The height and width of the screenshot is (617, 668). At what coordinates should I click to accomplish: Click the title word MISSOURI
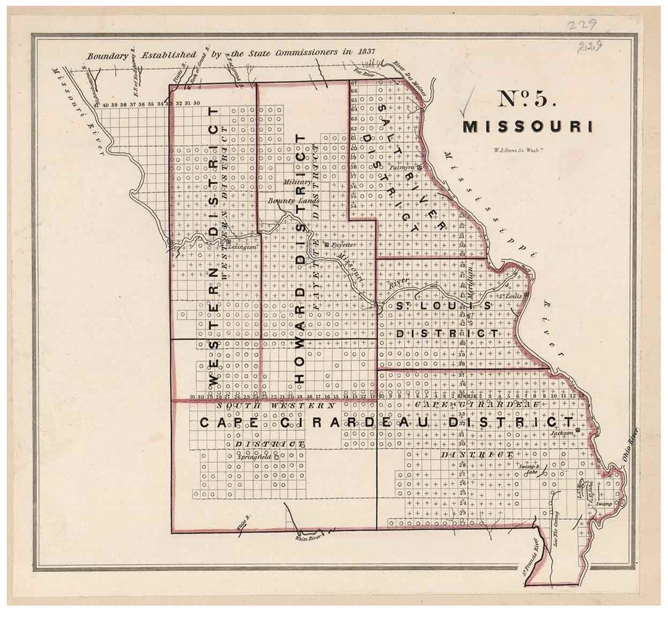coord(528,126)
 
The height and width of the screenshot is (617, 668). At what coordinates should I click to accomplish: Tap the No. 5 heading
coord(527,100)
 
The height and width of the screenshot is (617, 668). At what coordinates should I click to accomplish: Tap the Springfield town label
coord(254,457)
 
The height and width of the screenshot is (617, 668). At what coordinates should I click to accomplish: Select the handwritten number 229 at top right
coord(584,25)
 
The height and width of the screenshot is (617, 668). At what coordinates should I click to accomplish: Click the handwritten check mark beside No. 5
coord(468,102)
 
